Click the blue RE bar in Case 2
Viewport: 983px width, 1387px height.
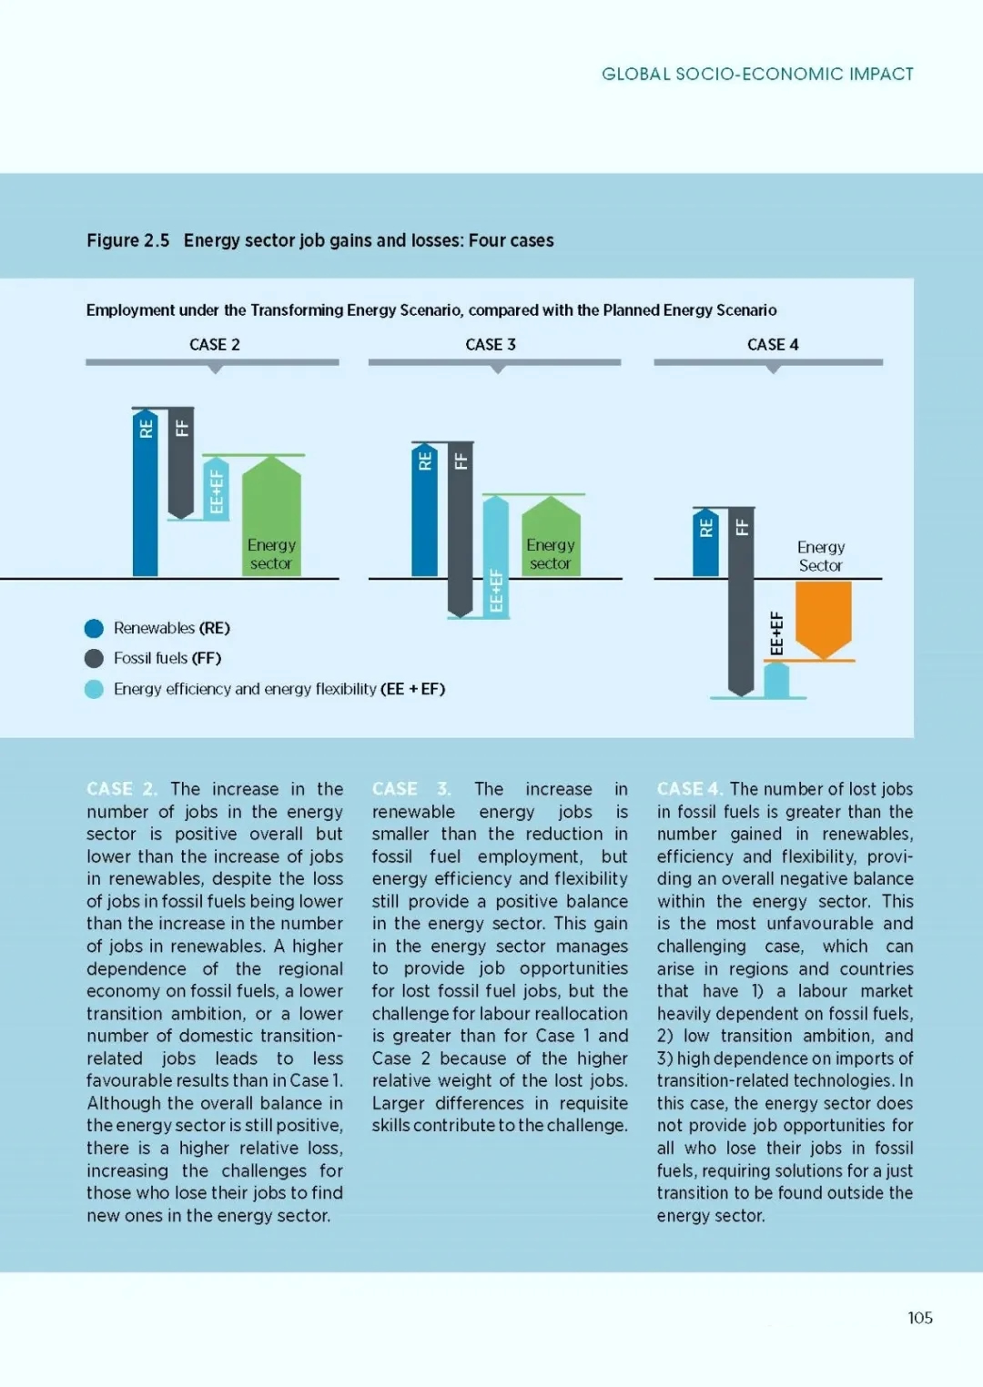[x=145, y=493]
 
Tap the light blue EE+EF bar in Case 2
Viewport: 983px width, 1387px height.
[x=217, y=489]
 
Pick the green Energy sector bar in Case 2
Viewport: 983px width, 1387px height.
[x=271, y=516]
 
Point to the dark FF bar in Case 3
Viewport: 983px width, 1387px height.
[x=461, y=530]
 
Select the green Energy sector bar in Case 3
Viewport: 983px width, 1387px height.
[x=551, y=536]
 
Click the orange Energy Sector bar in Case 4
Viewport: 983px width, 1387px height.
[x=823, y=620]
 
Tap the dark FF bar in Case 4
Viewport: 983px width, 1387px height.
[x=741, y=602]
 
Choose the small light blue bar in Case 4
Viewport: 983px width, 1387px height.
[x=776, y=681]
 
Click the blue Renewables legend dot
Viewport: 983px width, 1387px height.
[x=94, y=629]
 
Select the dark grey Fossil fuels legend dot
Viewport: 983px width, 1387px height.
[x=94, y=658]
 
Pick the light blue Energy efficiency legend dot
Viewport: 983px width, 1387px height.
[x=94, y=689]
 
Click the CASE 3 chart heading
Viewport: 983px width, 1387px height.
[x=491, y=345]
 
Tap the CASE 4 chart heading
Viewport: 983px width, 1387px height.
[x=773, y=345]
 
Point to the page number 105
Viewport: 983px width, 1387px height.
[x=920, y=1318]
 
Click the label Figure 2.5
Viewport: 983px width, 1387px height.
[x=128, y=240]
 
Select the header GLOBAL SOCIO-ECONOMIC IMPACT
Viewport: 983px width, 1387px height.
[x=757, y=75]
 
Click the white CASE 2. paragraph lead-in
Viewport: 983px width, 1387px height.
[x=122, y=789]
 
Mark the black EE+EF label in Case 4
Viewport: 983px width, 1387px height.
[x=776, y=633]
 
